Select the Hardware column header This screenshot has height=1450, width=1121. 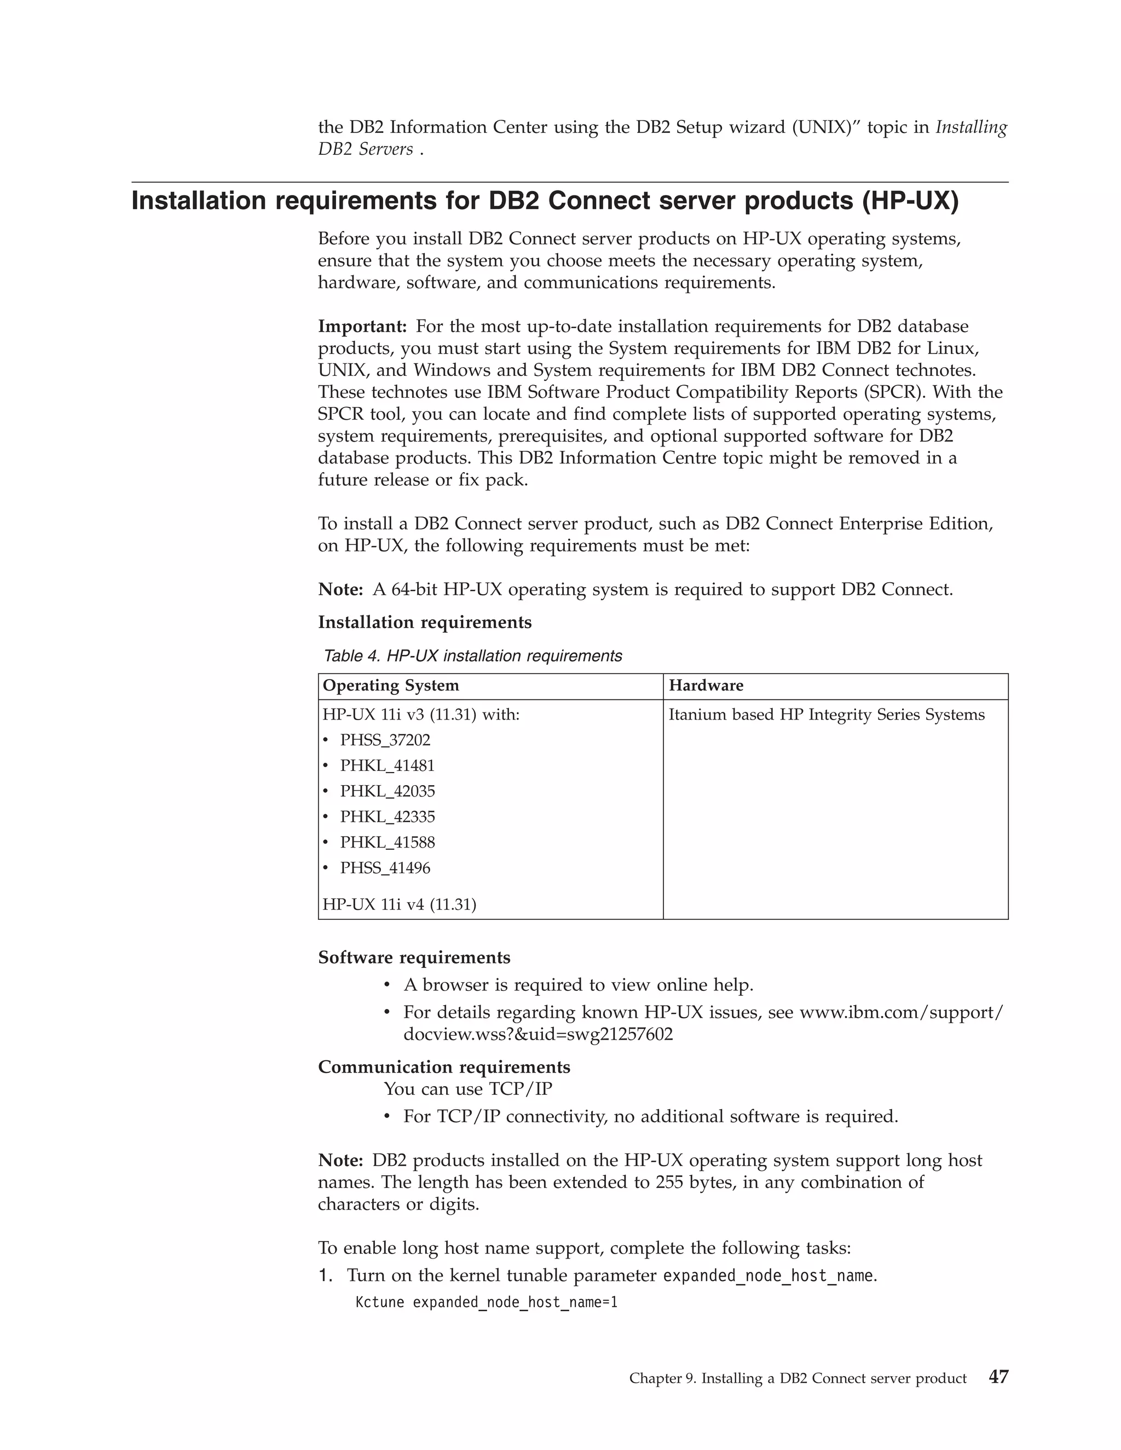[x=706, y=686]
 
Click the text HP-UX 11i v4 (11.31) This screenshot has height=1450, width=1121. [x=399, y=904]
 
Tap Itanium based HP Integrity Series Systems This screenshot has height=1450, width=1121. [x=826, y=715]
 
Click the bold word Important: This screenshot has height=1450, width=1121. [x=362, y=327]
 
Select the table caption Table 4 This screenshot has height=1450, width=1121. [x=352, y=656]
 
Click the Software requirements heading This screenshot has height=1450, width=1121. [x=414, y=958]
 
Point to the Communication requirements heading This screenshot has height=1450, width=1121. [x=443, y=1067]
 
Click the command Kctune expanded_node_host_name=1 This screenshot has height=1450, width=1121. [x=486, y=1302]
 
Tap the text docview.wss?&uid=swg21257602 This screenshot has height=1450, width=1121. [x=538, y=1034]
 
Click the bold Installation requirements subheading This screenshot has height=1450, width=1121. [x=424, y=622]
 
